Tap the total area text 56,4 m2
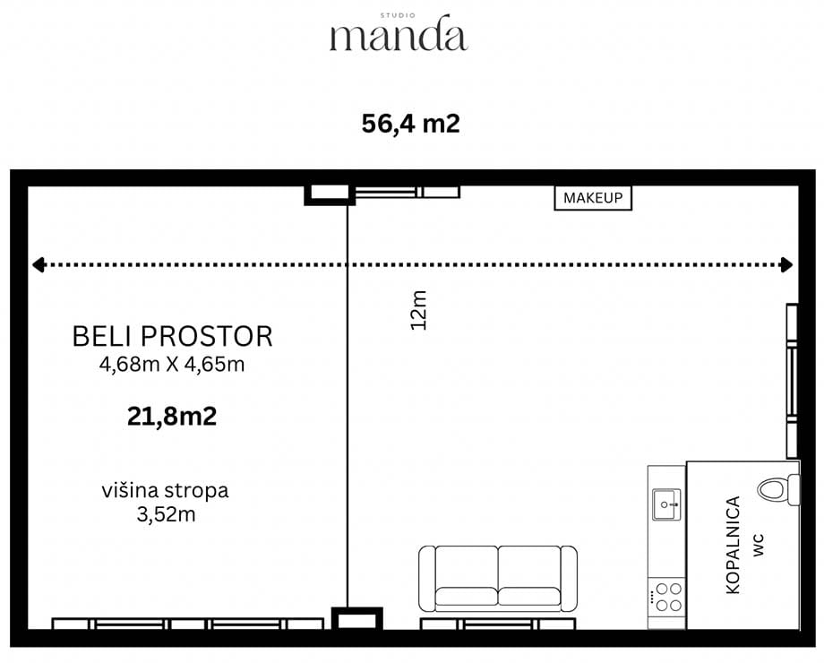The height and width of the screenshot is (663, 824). [411, 124]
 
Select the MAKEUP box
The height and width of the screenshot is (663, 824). [593, 198]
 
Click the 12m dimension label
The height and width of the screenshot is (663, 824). [419, 310]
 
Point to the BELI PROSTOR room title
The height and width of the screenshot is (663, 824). [172, 337]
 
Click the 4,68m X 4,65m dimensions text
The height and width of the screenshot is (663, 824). [172, 365]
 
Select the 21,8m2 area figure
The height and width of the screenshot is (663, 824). [172, 417]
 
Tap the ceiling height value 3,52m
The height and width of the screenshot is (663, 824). [166, 514]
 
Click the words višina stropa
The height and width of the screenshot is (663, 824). [166, 491]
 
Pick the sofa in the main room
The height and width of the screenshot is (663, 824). [498, 579]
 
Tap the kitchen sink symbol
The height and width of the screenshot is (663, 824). [666, 504]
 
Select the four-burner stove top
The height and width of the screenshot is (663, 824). [666, 597]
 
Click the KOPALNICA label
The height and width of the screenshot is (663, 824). [733, 546]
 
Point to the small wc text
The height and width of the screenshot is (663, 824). [759, 546]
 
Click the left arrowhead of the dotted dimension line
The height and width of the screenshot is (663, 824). [38, 264]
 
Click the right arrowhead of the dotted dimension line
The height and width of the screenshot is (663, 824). [786, 264]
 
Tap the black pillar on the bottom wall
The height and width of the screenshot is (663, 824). [357, 619]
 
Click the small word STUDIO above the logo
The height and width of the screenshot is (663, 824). [398, 16]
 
